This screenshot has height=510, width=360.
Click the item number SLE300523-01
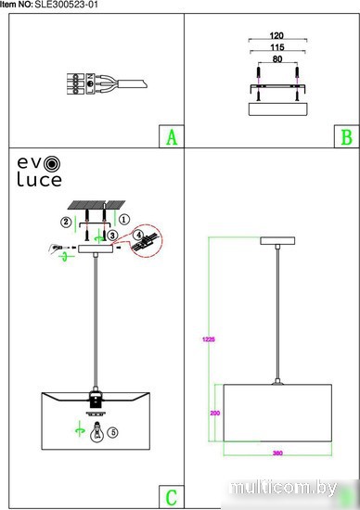point(67,5)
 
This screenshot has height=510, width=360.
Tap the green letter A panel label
point(172,137)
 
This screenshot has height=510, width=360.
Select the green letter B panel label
point(347,137)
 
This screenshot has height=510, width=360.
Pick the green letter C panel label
point(172,497)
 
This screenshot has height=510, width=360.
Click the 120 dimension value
point(276,35)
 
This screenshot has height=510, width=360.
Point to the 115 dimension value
point(277,47)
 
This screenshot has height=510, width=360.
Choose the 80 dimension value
point(277,59)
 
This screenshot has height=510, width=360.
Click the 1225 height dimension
point(209,339)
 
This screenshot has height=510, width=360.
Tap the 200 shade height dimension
point(215,413)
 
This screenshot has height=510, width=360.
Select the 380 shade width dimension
point(277,453)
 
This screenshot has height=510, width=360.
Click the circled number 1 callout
point(124,219)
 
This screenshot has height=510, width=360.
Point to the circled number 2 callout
point(66,222)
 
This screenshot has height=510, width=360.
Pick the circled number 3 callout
point(112,236)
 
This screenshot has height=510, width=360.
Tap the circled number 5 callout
point(113,432)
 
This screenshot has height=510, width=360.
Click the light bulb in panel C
point(96,432)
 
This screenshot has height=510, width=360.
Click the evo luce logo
point(39,172)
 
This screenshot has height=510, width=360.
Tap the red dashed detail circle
point(147,241)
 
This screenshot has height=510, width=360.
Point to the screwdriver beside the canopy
point(60,249)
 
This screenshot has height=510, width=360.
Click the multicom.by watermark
point(284,488)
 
